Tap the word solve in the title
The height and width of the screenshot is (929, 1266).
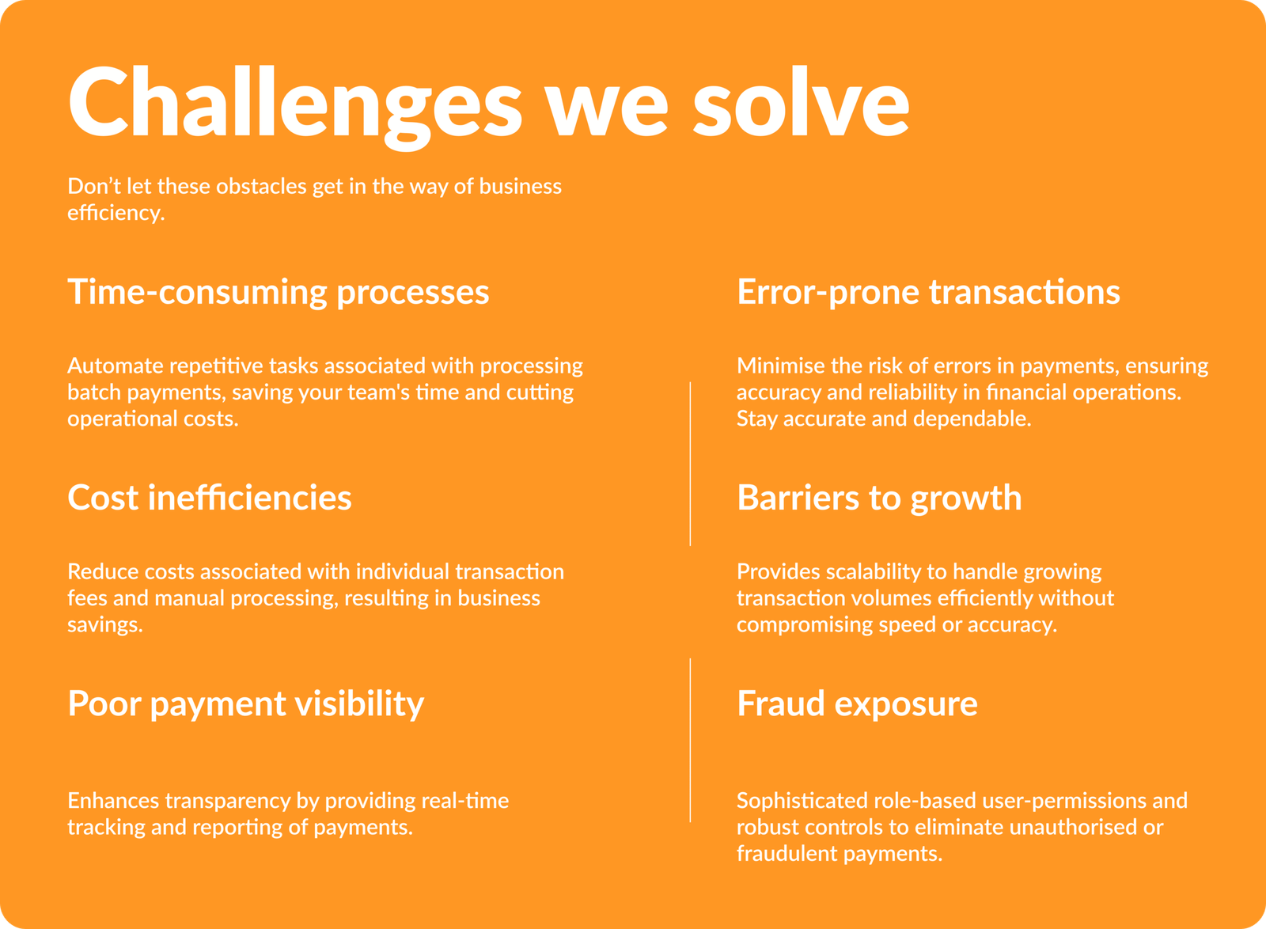[802, 102]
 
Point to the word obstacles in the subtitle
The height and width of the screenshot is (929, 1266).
[261, 186]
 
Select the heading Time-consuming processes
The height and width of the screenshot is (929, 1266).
[279, 293]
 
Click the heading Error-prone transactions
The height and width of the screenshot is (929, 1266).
[929, 293]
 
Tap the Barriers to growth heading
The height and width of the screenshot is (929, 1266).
[879, 499]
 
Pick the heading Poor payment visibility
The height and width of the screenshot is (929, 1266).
[246, 704]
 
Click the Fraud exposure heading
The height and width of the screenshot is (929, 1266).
[858, 704]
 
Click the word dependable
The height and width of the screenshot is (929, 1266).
[972, 419]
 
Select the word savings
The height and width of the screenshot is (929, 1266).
[105, 625]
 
